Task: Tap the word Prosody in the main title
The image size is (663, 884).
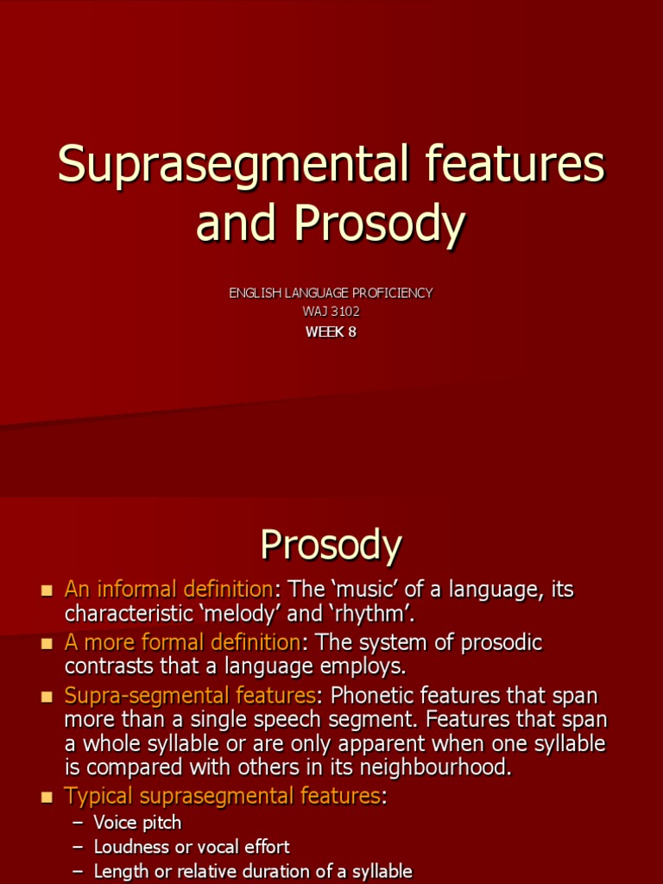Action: tap(379, 223)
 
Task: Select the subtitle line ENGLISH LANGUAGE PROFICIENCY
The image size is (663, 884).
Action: tap(331, 293)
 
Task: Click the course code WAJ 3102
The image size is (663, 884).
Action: tap(331, 312)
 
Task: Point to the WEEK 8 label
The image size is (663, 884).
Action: tap(331, 331)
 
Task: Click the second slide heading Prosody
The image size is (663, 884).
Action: tap(331, 546)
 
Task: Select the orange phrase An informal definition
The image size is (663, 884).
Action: tap(168, 590)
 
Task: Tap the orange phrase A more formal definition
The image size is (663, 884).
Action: tap(182, 643)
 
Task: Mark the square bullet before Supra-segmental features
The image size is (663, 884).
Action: tap(47, 697)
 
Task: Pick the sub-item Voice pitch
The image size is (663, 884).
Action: tap(137, 823)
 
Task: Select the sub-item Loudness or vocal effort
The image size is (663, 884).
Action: tap(192, 847)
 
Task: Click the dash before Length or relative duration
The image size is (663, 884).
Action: tap(77, 871)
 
